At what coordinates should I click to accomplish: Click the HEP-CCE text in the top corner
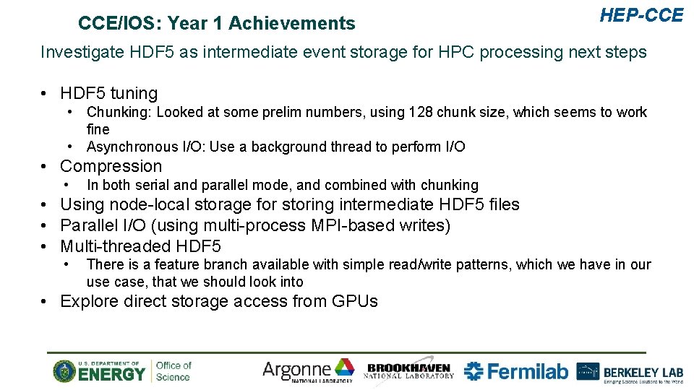click(641, 15)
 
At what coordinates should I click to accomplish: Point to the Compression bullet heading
click(111, 166)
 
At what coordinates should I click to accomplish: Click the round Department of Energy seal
click(65, 371)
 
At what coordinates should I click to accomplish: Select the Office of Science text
click(173, 371)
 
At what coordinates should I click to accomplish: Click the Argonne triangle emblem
click(344, 368)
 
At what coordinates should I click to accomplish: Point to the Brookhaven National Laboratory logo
click(410, 371)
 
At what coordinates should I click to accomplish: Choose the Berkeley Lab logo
click(629, 371)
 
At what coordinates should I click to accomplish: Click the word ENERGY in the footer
click(111, 374)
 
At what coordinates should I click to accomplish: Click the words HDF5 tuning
click(108, 93)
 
